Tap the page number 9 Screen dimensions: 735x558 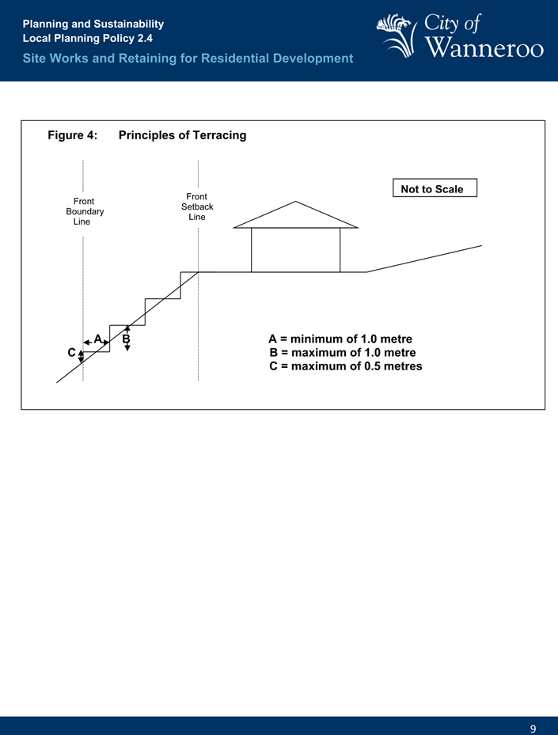point(533,729)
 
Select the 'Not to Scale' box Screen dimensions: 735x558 point(435,189)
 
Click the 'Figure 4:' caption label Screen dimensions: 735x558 point(73,135)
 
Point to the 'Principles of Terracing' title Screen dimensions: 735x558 point(182,135)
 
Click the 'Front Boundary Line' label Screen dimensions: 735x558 point(84,211)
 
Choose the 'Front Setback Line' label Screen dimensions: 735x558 point(197,206)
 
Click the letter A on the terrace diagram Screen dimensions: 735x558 point(98,339)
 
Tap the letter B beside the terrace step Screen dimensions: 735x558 point(126,339)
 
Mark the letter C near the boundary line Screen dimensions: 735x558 point(71,352)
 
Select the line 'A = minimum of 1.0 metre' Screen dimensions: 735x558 point(340,339)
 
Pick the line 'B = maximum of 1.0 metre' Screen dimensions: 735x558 point(343,353)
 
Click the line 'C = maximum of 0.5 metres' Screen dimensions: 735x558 point(346,366)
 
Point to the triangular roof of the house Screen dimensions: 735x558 point(296,216)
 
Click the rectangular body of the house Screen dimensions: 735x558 point(295,250)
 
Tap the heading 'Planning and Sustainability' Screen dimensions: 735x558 point(93,25)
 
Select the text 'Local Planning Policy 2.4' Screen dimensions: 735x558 point(88,38)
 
